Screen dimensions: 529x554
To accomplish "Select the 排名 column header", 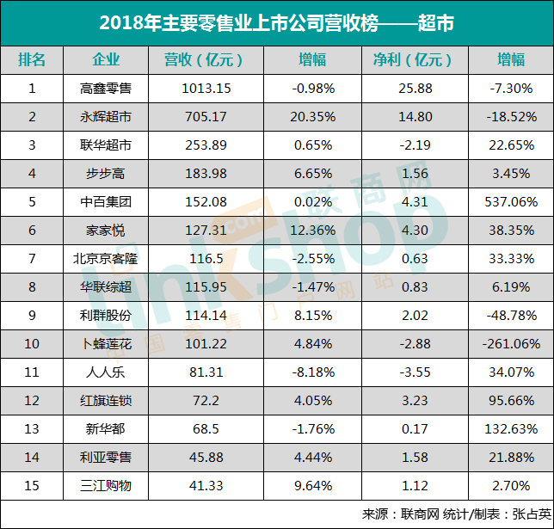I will tap(32, 59).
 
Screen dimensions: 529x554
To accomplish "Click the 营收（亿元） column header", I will tap(203, 59).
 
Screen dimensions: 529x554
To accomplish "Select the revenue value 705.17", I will tap(203, 116).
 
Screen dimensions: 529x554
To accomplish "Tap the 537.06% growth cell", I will tap(511, 201).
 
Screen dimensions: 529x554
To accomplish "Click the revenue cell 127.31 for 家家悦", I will tap(203, 230).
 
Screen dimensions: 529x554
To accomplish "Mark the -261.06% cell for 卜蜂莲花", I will tap(511, 343).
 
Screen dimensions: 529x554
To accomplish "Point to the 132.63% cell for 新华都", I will tap(511, 428).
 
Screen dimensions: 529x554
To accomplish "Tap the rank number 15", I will tap(32, 485).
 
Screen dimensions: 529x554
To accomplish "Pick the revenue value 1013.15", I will tap(203, 88).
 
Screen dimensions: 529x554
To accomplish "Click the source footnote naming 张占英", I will tap(455, 514).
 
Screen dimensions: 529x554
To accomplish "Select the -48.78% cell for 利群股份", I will tap(511, 315).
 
